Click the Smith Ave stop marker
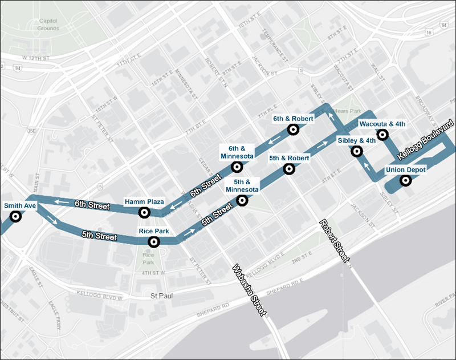pyautogui.click(x=15, y=216)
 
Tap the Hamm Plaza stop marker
pyautogui.click(x=145, y=212)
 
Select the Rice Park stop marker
pyautogui.click(x=153, y=242)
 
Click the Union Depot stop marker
pyautogui.click(x=406, y=181)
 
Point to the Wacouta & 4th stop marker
pyautogui.click(x=383, y=135)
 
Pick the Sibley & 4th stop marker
pyautogui.click(x=357, y=151)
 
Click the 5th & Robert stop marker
pyautogui.click(x=289, y=168)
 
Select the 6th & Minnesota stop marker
pyautogui.click(x=237, y=167)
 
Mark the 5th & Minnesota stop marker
pyautogui.click(x=242, y=200)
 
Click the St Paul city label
pyautogui.click(x=161, y=296)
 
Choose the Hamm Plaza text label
pyautogui.click(x=145, y=202)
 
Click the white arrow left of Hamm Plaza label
pyautogui.click(x=62, y=202)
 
